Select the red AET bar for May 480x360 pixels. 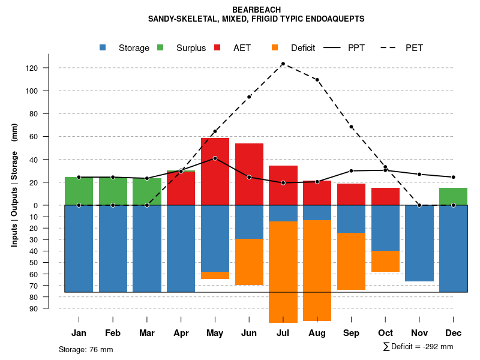click(x=215, y=172)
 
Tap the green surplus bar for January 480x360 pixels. click(x=79, y=191)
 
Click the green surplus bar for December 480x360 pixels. click(x=453, y=196)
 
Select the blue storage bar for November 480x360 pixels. click(x=419, y=243)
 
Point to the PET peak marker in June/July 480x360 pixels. click(x=283, y=64)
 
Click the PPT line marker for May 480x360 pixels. click(x=215, y=158)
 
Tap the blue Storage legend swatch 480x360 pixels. click(x=103, y=48)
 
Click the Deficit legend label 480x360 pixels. click(x=303, y=48)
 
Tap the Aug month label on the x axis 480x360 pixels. click(x=317, y=333)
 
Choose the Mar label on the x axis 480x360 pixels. click(x=147, y=333)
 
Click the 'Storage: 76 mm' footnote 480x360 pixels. click(x=86, y=349)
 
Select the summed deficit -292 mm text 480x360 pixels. click(x=418, y=347)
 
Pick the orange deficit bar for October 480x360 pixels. click(x=385, y=261)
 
